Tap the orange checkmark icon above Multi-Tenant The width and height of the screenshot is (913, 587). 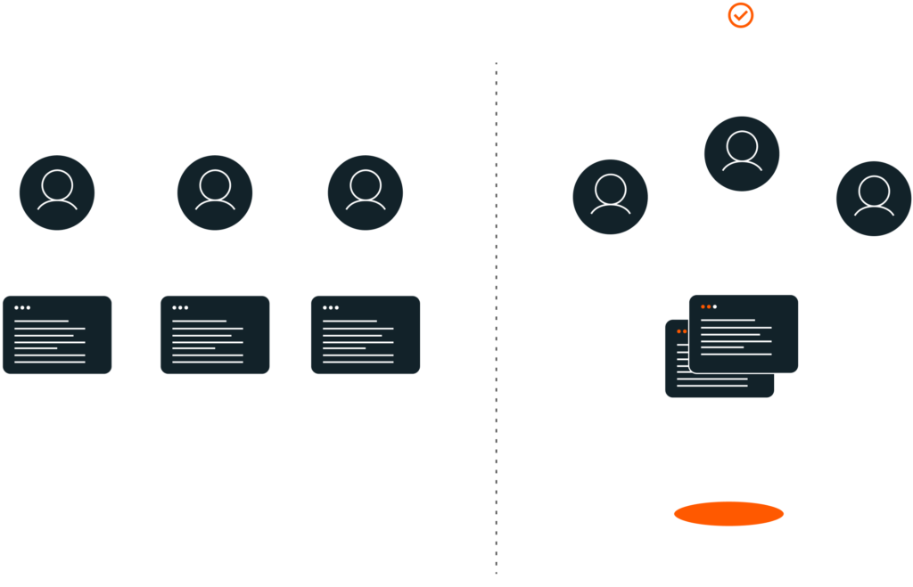(x=741, y=14)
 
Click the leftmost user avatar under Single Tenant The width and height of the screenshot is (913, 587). (x=57, y=192)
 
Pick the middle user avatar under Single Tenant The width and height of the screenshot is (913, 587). (x=215, y=192)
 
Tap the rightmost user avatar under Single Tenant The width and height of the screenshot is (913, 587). (x=366, y=192)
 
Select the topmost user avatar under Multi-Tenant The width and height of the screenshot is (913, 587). (x=742, y=153)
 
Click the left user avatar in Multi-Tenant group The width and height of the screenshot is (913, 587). (x=610, y=198)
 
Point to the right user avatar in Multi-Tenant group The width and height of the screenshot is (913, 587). (x=874, y=198)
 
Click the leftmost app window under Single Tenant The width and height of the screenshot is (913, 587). (x=57, y=335)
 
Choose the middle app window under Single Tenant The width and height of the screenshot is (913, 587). (x=215, y=335)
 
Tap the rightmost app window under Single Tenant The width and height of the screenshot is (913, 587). (x=366, y=335)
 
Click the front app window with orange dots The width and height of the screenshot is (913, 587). (x=744, y=333)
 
